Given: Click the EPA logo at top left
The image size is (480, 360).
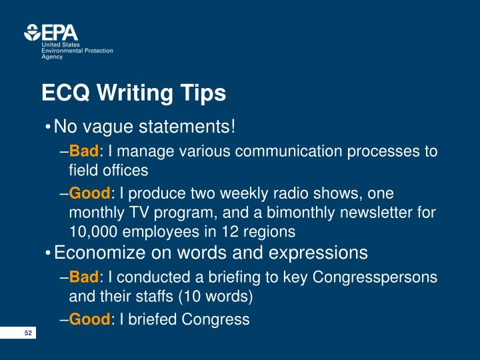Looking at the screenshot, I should click(x=51, y=33).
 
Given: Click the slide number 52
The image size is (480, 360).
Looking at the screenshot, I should click(x=28, y=333).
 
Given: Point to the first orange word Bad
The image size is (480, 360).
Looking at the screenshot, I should click(x=84, y=151).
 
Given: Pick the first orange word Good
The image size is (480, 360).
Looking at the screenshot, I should click(x=89, y=194).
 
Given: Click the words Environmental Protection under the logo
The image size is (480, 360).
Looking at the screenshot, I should click(x=77, y=51).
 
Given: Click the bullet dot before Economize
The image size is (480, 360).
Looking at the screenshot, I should click(x=49, y=254).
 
